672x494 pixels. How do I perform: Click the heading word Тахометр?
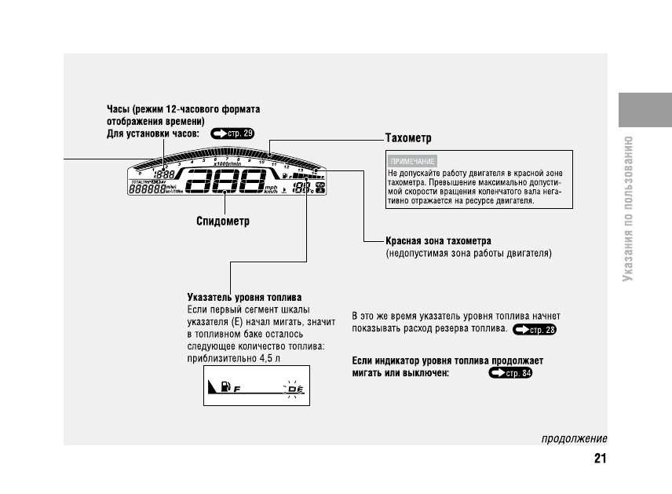[x=408, y=138]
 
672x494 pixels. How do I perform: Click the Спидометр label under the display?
[x=222, y=221]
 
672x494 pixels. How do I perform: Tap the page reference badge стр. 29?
[x=233, y=134]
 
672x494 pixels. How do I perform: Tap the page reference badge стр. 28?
[x=534, y=330]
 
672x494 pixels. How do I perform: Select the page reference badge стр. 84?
[x=509, y=373]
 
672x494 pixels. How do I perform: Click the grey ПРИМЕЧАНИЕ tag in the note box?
[x=407, y=160]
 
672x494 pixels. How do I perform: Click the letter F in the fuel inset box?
[x=236, y=389]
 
